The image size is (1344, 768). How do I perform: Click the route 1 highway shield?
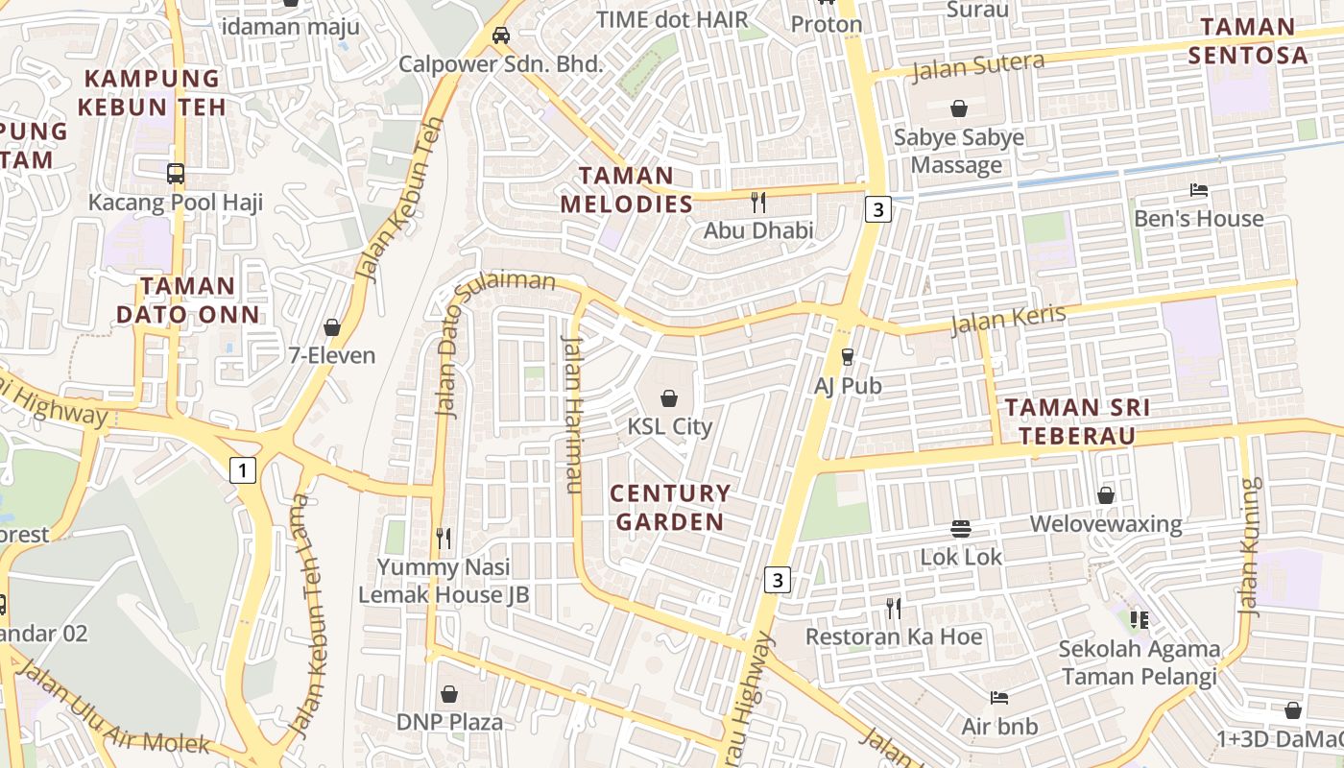pos(244,470)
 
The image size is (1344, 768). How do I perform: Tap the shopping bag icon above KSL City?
pos(669,396)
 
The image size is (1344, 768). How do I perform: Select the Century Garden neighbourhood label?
pos(670,508)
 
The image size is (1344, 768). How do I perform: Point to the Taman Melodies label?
pos(626,189)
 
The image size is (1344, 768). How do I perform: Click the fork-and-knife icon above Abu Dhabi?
pos(758,202)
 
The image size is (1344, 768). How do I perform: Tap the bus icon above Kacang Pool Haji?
pos(176,174)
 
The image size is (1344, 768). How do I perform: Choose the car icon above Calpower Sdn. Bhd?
pos(500,36)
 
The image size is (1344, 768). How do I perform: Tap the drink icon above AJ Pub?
pos(848,357)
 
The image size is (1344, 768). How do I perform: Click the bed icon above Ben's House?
pos(1198,190)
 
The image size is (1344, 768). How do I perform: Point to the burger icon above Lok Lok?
pos(961,528)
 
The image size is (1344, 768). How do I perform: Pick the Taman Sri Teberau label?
pos(1077,421)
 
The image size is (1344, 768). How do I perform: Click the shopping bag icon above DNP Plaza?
pos(449,693)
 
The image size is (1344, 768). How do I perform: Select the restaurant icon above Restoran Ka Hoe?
pos(894,608)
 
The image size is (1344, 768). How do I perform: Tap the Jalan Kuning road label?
pos(1249,546)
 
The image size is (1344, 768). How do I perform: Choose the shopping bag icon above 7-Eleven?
pos(332,327)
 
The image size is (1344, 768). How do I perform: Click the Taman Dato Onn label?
pos(187,300)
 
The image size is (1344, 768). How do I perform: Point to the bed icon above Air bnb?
pos(999,698)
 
